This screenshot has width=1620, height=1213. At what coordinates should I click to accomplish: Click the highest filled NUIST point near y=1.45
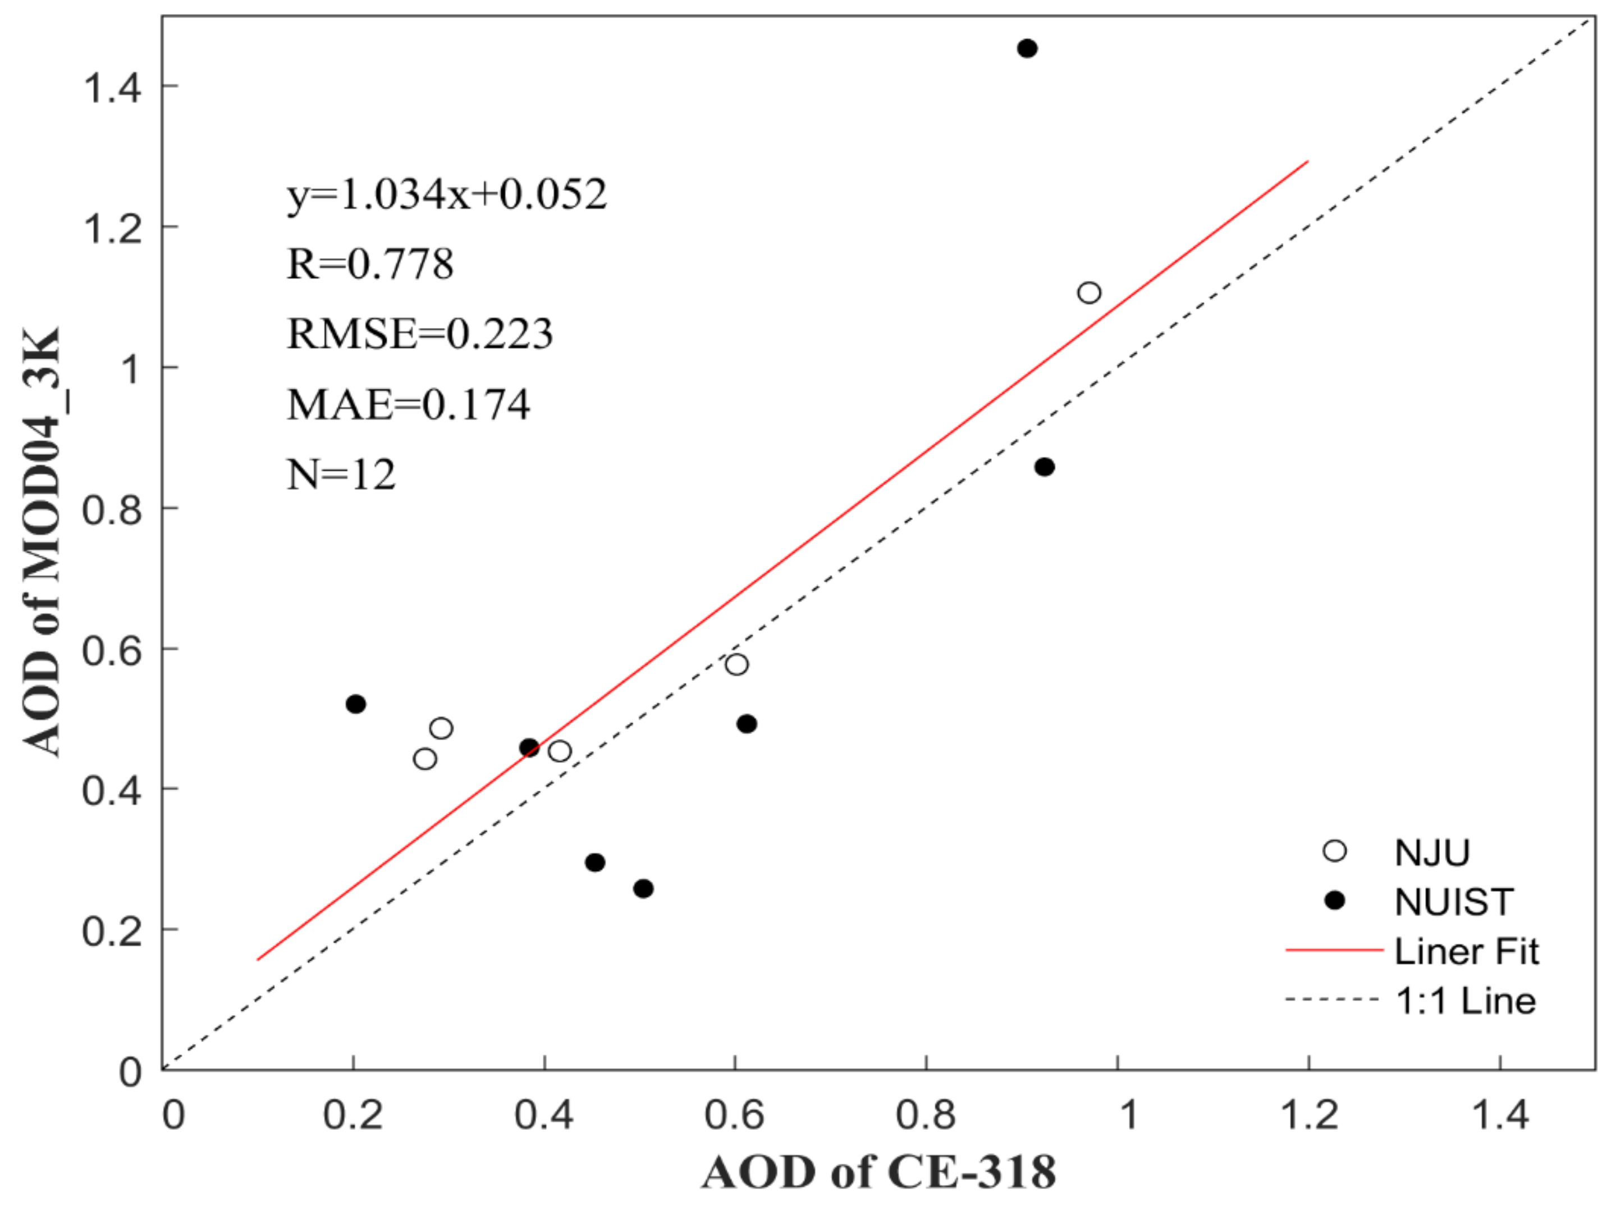point(1027,48)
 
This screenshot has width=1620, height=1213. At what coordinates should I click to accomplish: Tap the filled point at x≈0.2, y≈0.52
point(355,704)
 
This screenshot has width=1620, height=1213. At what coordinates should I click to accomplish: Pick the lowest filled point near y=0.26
point(643,888)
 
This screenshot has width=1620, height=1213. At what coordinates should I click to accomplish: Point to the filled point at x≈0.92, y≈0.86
point(1045,467)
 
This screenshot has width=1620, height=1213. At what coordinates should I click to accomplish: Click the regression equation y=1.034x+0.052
point(447,195)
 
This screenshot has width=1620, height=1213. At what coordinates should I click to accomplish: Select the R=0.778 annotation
point(370,264)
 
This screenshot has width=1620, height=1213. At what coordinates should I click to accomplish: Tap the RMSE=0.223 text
point(420,334)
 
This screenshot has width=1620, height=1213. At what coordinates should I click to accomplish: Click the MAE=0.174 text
point(408,404)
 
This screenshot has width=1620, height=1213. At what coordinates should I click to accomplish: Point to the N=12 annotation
point(341,474)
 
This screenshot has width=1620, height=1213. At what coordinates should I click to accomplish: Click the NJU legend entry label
point(1432,852)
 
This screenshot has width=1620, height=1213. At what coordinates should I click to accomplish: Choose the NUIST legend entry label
point(1454,902)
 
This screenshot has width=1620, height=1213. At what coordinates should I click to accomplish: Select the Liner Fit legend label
point(1466,951)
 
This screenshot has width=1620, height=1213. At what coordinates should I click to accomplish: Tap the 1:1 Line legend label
point(1465,1001)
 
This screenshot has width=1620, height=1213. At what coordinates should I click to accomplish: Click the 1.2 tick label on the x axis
point(1309,1115)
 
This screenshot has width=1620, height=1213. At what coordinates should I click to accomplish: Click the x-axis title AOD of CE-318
point(879,1171)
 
